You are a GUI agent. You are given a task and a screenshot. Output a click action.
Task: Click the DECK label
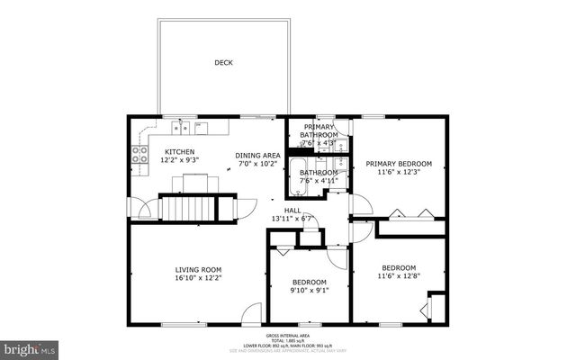222,63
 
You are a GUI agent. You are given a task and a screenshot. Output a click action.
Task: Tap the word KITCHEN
179,151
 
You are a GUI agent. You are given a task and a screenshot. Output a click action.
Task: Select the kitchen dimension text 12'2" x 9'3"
179,160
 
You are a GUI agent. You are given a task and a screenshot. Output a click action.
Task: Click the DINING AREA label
258,155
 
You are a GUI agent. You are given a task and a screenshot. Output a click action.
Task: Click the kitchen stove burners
140,155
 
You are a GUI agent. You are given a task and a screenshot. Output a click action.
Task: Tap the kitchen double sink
181,127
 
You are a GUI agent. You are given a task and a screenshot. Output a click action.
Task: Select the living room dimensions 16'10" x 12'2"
198,279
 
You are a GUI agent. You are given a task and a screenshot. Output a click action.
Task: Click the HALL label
292,210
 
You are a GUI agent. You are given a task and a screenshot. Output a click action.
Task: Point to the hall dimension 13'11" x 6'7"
292,219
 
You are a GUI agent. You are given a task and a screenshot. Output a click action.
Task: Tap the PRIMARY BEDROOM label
399,164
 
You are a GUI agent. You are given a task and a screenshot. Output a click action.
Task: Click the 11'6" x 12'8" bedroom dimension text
398,276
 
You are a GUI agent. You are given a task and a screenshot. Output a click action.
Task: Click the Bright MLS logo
30,347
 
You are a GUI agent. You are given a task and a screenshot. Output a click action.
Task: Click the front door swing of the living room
253,315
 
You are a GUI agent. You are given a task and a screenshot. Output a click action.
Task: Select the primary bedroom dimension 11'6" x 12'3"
399,173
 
